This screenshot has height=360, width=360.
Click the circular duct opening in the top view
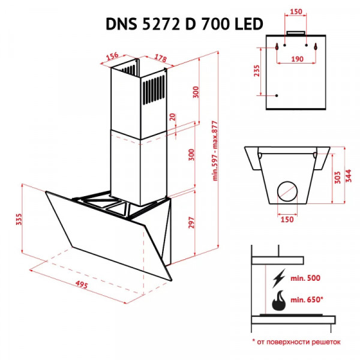pyautogui.click(x=288, y=192)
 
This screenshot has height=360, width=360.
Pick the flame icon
pyautogui.click(x=279, y=301)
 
